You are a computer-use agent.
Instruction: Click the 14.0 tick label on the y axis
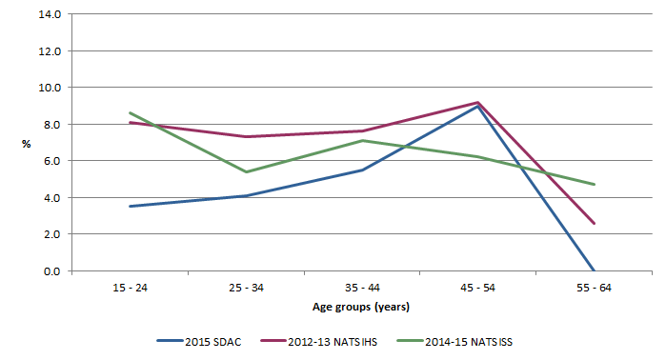tap(50, 14)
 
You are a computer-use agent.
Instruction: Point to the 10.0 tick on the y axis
tap(50, 88)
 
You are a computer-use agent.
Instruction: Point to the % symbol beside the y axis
tap(27, 143)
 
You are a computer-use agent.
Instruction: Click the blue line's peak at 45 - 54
tap(478, 107)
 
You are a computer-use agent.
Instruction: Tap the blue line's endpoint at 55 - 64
tap(595, 270)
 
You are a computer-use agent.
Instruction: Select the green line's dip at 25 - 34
tap(247, 172)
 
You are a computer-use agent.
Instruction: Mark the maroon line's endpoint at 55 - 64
tap(595, 224)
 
